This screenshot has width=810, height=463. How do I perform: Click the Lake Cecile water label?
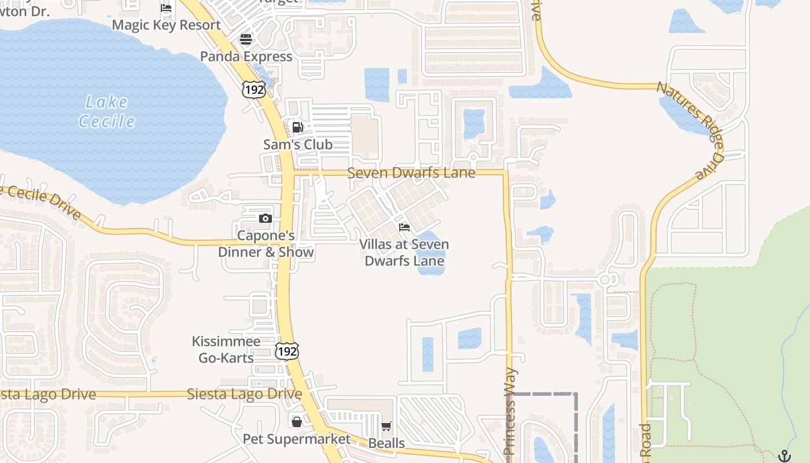pyautogui.click(x=106, y=112)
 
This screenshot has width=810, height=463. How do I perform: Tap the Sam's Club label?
pyautogui.click(x=297, y=145)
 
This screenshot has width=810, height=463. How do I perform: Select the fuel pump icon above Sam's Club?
pyautogui.click(x=297, y=127)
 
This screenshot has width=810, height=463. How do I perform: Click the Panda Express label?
pyautogui.click(x=246, y=57)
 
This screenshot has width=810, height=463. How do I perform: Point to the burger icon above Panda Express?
pyautogui.click(x=246, y=39)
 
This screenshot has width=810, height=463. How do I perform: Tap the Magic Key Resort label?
pyautogui.click(x=166, y=25)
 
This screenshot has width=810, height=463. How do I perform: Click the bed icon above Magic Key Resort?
pyautogui.click(x=166, y=8)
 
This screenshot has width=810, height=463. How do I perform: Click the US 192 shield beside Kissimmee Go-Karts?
pyautogui.click(x=287, y=351)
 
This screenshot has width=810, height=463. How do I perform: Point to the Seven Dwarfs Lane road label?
pyautogui.click(x=411, y=173)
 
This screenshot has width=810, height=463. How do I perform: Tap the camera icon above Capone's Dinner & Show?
pyautogui.click(x=266, y=218)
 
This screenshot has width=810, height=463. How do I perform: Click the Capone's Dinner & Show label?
pyautogui.click(x=266, y=244)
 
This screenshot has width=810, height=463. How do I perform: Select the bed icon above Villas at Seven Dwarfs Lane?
pyautogui.click(x=404, y=227)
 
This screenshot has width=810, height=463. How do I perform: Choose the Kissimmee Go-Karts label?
pyautogui.click(x=226, y=350)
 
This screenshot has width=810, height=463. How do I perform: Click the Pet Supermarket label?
pyautogui.click(x=296, y=439)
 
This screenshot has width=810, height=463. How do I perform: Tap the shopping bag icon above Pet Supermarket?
pyautogui.click(x=296, y=422)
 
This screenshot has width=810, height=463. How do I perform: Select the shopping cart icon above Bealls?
pyautogui.click(x=386, y=427)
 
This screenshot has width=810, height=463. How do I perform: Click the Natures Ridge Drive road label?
pyautogui.click(x=690, y=130)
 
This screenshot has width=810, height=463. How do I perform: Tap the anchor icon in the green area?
pyautogui.click(x=784, y=455)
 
